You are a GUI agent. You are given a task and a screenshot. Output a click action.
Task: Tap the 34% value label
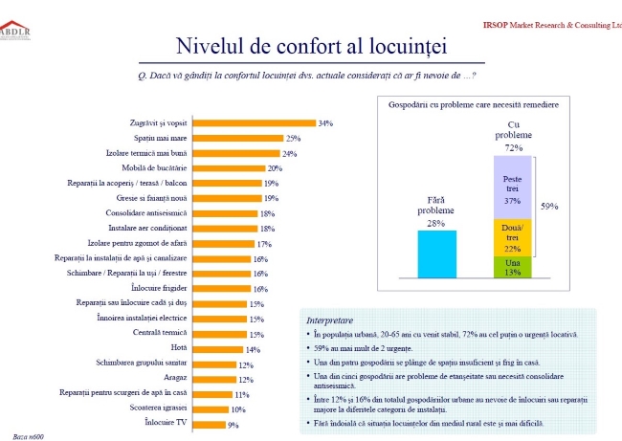[325, 123]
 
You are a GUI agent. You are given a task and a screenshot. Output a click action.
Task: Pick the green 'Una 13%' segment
[512, 267]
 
